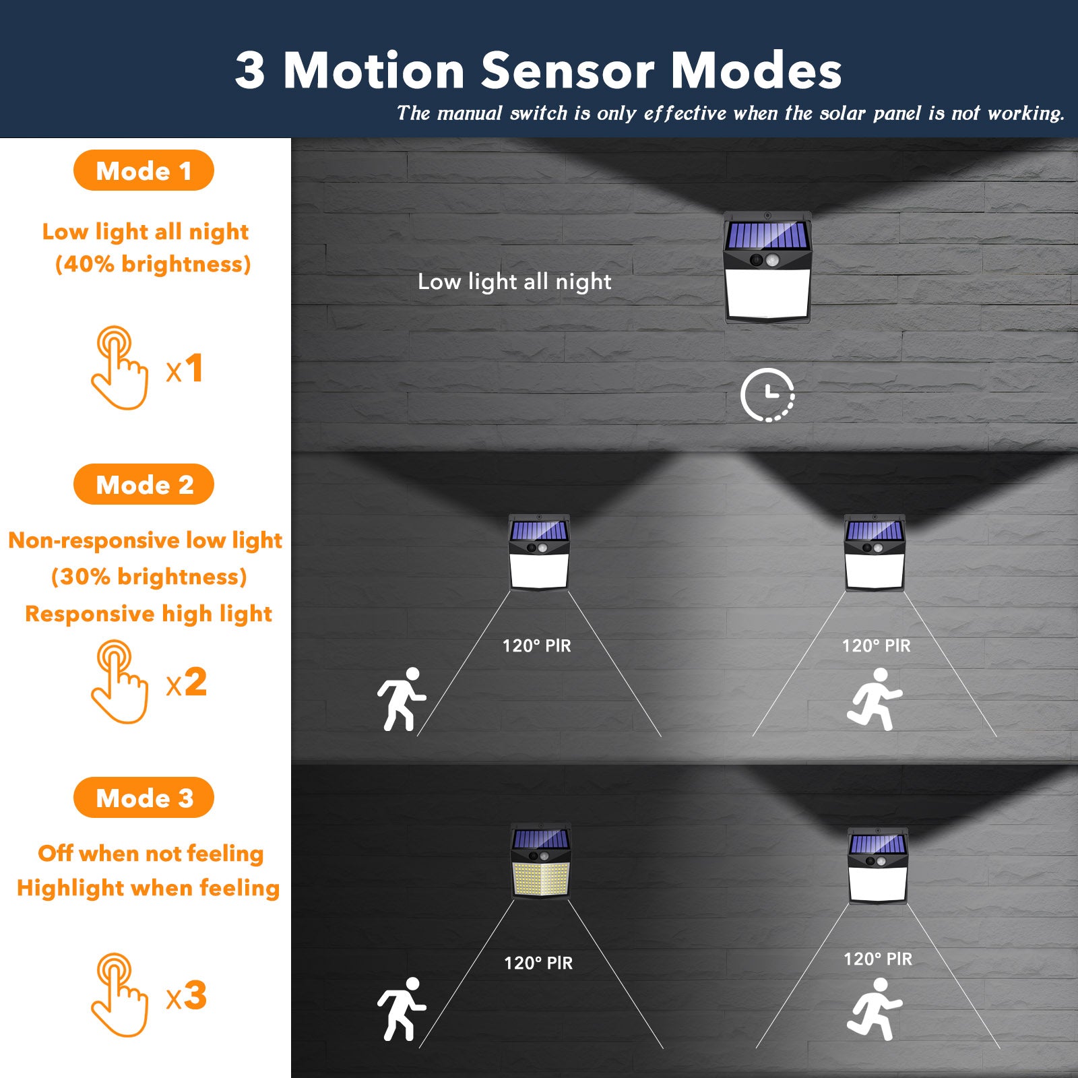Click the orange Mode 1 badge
pyautogui.click(x=144, y=170)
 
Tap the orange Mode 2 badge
pyautogui.click(x=144, y=484)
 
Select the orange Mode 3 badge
pyautogui.click(x=144, y=798)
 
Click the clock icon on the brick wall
pyautogui.click(x=767, y=395)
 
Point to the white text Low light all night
pyautogui.click(x=514, y=282)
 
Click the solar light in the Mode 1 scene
pyautogui.click(x=767, y=268)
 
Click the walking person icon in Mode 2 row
pyautogui.click(x=402, y=699)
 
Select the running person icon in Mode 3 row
pyautogui.click(x=875, y=1009)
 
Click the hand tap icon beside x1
pyautogui.click(x=119, y=368)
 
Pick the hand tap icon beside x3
pyautogui.click(x=119, y=995)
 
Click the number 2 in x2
pyautogui.click(x=195, y=682)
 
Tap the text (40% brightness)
pyautogui.click(x=153, y=264)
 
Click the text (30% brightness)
pyautogui.click(x=149, y=577)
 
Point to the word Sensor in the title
pyautogui.click(x=567, y=71)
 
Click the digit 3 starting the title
pyautogui.click(x=250, y=71)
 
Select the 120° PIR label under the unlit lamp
pyautogui.click(x=538, y=963)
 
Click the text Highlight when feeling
pyautogui.click(x=148, y=888)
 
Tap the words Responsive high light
pyautogui.click(x=148, y=614)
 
